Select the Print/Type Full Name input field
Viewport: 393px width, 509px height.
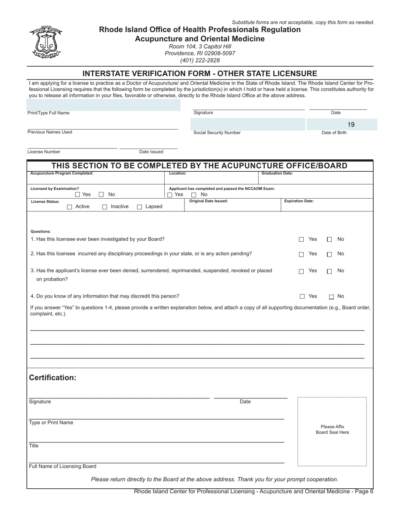point(103,105)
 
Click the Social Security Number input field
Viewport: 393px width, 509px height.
point(248,125)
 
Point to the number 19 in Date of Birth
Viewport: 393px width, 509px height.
point(351,125)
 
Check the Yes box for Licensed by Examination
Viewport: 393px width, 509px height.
point(78,194)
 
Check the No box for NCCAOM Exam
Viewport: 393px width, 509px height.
point(194,195)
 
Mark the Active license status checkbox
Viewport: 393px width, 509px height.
point(69,207)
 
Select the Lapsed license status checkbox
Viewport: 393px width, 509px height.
point(139,207)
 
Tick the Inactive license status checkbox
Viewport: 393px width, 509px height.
point(105,207)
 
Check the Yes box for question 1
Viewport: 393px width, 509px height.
point(302,240)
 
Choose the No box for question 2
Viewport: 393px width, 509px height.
point(329,254)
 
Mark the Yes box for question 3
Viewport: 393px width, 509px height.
point(302,271)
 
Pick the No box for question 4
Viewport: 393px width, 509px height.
point(331,297)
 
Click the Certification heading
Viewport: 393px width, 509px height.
point(53,378)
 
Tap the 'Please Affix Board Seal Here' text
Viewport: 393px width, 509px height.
point(332,430)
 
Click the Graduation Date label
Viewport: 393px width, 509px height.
point(277,173)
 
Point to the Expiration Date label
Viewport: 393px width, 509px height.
point(299,201)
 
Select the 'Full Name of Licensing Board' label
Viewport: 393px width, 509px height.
point(62,466)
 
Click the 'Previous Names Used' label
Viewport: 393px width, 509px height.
point(50,132)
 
